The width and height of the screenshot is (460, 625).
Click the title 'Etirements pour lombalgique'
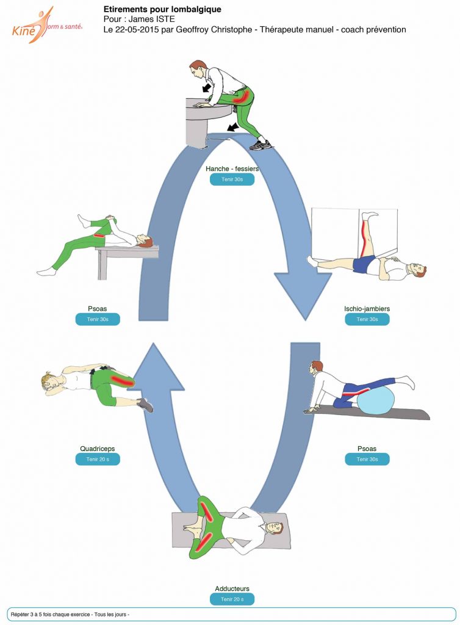click(162, 9)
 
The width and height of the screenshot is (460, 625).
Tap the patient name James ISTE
click(152, 19)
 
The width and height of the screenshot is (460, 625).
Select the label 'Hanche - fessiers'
click(232, 168)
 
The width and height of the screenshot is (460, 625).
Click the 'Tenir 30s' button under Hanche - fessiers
click(232, 179)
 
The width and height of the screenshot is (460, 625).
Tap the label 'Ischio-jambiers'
click(367, 308)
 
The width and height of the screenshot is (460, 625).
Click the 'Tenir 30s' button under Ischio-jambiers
click(367, 319)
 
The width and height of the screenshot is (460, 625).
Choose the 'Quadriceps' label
click(98, 449)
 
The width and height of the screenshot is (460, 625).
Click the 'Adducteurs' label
click(232, 588)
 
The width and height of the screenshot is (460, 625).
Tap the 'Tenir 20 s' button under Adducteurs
click(232, 599)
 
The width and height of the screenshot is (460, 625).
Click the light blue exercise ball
click(376, 400)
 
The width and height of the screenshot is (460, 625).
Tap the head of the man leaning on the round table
click(198, 68)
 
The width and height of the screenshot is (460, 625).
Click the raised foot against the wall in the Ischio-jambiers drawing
click(370, 216)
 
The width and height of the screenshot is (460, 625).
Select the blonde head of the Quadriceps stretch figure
click(50, 382)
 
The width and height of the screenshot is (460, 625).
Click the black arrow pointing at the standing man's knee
click(233, 128)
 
